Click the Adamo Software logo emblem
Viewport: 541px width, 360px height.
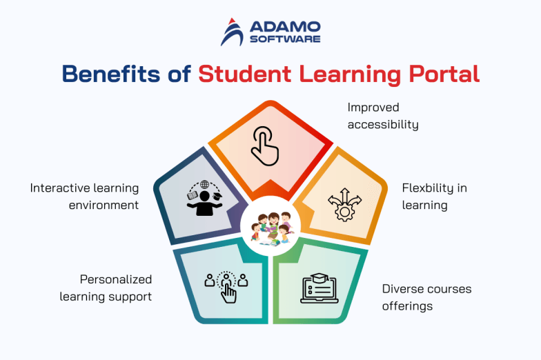232,32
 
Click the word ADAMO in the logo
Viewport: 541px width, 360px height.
284,26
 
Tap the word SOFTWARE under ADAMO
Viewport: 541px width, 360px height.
284,39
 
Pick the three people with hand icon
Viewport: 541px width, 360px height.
226,286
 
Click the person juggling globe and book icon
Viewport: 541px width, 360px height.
204,199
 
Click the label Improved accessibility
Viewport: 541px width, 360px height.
382,116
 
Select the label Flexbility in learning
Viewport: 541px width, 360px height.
435,196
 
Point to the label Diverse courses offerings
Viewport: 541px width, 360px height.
426,297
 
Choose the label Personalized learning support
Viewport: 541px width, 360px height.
106,288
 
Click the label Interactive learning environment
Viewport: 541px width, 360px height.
85,196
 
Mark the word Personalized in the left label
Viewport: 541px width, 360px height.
116,279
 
